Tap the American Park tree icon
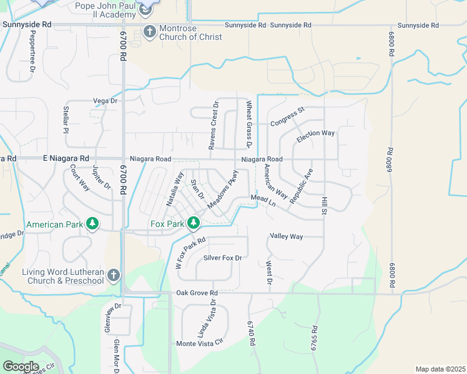(92, 223)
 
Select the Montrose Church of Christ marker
(150, 31)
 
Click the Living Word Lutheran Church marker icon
(113, 274)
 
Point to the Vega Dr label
(105, 101)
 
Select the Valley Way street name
(286, 237)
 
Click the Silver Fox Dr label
(222, 257)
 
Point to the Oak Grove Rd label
(197, 293)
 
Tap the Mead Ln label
(263, 200)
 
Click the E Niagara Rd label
(66, 159)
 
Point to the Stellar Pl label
(65, 119)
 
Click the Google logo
(21, 367)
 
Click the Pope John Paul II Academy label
(104, 9)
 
